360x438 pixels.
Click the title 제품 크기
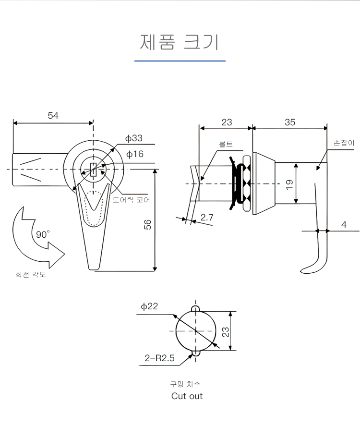click(180, 42)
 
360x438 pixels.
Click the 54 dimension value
click(53, 115)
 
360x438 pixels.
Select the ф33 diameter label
click(134, 138)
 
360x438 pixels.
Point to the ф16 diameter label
click(135, 154)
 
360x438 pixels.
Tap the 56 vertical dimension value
click(148, 224)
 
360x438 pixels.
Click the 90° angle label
click(43, 235)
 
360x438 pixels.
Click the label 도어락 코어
click(132, 199)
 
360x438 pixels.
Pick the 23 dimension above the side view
click(227, 122)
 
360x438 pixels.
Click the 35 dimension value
click(290, 122)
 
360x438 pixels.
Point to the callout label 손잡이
click(344, 143)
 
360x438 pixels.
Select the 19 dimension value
click(289, 184)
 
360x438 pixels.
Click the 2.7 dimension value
click(207, 218)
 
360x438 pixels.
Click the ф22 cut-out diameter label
click(149, 306)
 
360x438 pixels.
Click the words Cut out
click(187, 396)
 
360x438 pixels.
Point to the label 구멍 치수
click(185, 384)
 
